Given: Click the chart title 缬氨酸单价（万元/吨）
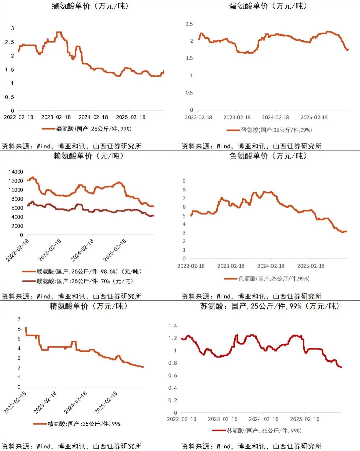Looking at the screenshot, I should pos(90,6).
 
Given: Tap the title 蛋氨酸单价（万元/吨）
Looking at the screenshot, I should pos(268,6).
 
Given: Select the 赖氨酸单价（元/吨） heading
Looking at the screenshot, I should pos(89,156).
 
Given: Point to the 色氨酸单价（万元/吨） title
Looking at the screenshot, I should pos(268,156).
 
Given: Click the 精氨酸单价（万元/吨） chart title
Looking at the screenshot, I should pos(89,306).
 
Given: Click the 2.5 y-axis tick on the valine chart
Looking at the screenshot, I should pos(10,42).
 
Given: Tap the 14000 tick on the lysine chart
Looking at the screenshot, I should pos(16,172).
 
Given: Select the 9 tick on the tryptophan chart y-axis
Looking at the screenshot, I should pos(184,181).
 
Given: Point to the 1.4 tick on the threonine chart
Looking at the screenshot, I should pos(172,325).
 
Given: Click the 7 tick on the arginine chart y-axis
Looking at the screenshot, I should pos(19,319).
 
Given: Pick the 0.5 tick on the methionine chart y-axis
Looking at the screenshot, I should pos(189,93).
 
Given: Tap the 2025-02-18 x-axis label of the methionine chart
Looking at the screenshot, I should pos(314,117).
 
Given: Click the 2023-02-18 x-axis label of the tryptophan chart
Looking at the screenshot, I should pos(231,266).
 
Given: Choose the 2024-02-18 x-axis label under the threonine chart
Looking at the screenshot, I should pos(263,419).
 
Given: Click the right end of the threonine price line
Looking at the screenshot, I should pos(341,367).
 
